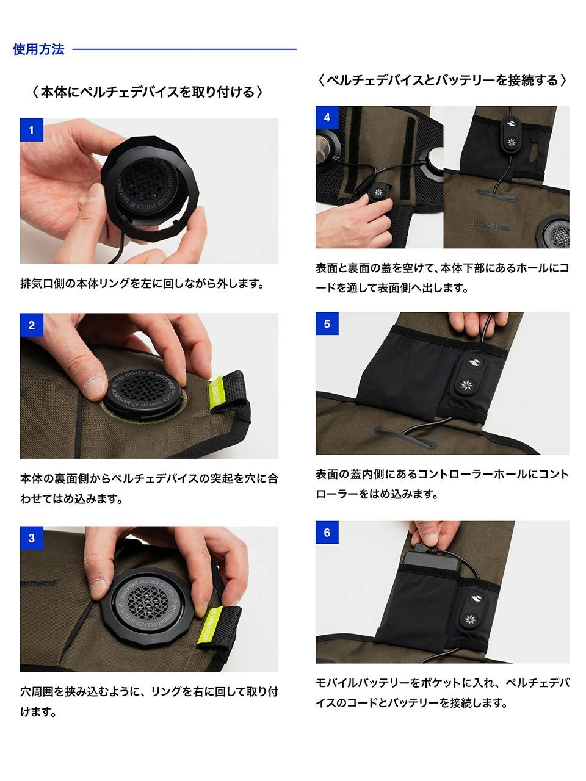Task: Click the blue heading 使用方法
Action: pos(38,49)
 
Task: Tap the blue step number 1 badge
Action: pos(31,130)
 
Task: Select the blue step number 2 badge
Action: pos(31,325)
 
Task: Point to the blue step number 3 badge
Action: pos(31,538)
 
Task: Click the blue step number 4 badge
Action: pos(327,117)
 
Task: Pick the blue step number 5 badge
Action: pos(327,324)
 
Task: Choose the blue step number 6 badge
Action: pos(327,532)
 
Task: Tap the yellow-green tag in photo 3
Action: pos(209,626)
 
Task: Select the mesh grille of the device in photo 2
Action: pos(142,390)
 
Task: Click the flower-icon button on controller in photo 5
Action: pos(465,385)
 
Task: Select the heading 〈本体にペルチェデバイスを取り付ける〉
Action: pos(147,92)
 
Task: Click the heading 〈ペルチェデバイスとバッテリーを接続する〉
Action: pos(441,81)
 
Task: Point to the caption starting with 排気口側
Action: pos(142,284)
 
